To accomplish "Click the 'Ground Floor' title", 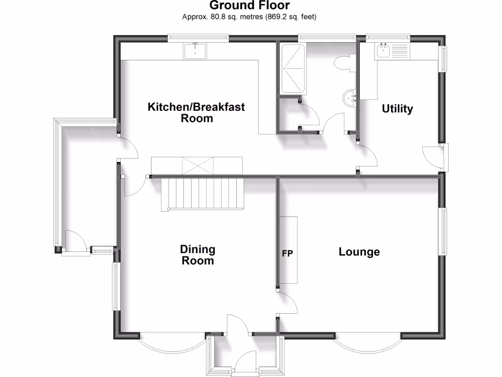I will [x=250, y=6].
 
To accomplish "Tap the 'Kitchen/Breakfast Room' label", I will [x=197, y=112].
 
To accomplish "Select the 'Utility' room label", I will [x=397, y=109].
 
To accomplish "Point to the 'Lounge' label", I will [x=359, y=252].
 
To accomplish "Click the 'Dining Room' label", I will [x=198, y=255].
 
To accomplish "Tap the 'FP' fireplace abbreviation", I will [x=287, y=254].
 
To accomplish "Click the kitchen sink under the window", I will [x=196, y=51].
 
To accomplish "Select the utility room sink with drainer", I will [x=393, y=51].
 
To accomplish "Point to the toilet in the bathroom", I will [x=343, y=63].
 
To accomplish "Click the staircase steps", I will [x=202, y=193].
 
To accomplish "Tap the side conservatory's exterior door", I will [x=75, y=242].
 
